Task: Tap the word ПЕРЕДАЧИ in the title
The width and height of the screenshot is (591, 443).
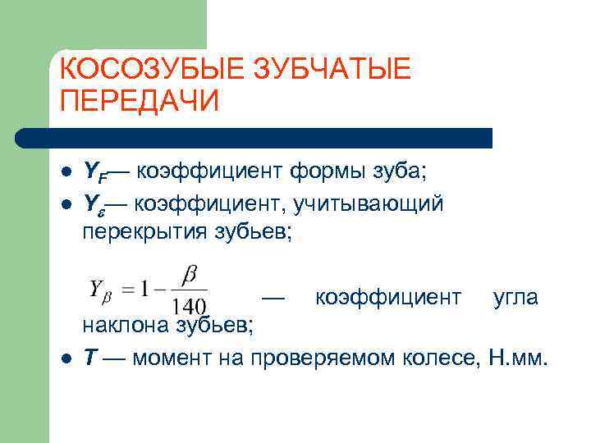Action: point(140,101)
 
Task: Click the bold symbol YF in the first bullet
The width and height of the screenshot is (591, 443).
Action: point(96,171)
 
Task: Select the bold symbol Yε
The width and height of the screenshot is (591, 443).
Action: point(94,203)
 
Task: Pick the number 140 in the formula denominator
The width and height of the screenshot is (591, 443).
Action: point(190,304)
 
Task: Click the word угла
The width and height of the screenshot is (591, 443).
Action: point(515,297)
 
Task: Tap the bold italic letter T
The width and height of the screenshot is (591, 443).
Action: point(92,359)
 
